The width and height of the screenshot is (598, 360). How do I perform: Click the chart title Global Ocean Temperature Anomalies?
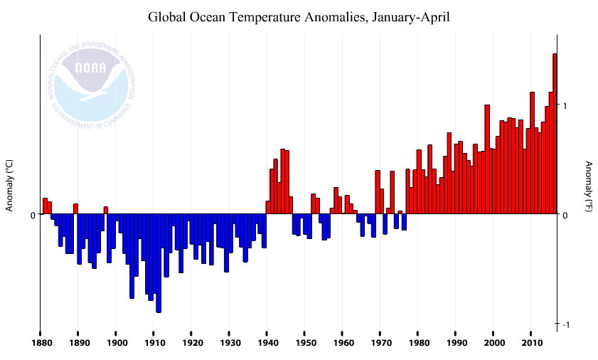(x=299, y=16)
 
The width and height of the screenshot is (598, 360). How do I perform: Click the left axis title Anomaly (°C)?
(x=10, y=185)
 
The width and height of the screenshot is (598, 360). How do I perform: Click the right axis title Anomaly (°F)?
(x=589, y=186)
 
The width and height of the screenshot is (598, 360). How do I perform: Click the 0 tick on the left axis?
(x=32, y=215)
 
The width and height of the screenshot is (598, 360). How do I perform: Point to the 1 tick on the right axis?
(x=565, y=106)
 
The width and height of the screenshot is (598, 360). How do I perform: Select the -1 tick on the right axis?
(x=565, y=325)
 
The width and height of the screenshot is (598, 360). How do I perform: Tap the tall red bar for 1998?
(x=487, y=160)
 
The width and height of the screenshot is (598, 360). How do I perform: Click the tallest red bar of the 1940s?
(x=282, y=181)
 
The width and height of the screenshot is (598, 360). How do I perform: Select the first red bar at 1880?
(x=45, y=206)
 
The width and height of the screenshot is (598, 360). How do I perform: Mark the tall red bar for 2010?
(x=532, y=153)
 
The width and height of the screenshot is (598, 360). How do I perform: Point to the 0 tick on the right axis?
(x=565, y=215)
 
